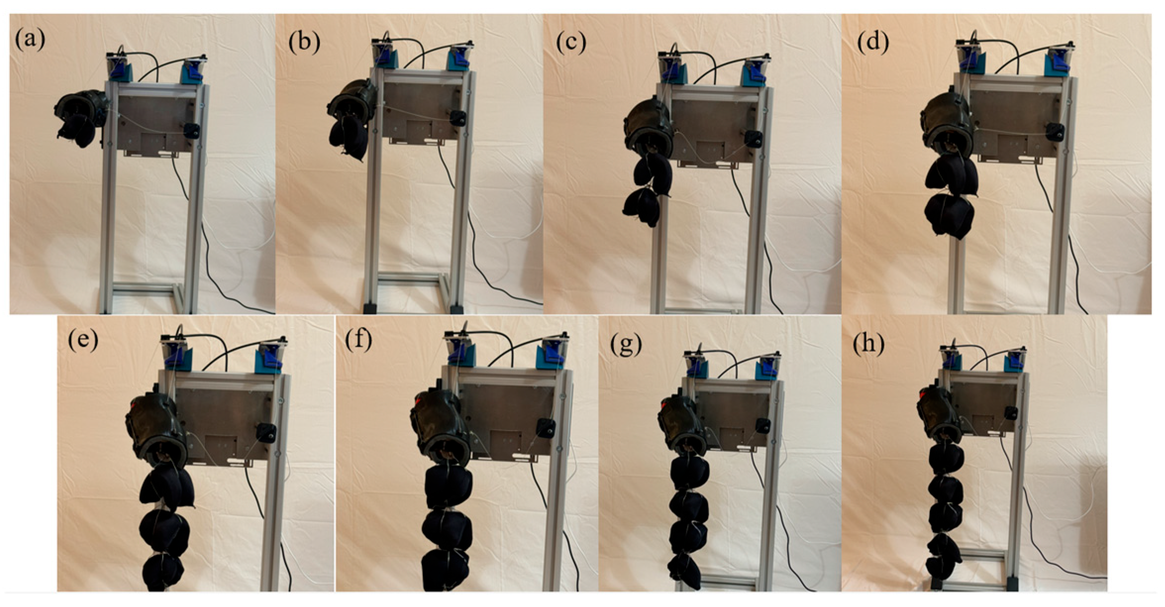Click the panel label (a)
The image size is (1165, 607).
coord(30,40)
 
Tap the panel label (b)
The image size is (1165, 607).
coord(304,42)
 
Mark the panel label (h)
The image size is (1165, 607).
coord(868,344)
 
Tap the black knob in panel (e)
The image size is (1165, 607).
coord(265,433)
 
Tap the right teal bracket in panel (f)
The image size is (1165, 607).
coord(551,353)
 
